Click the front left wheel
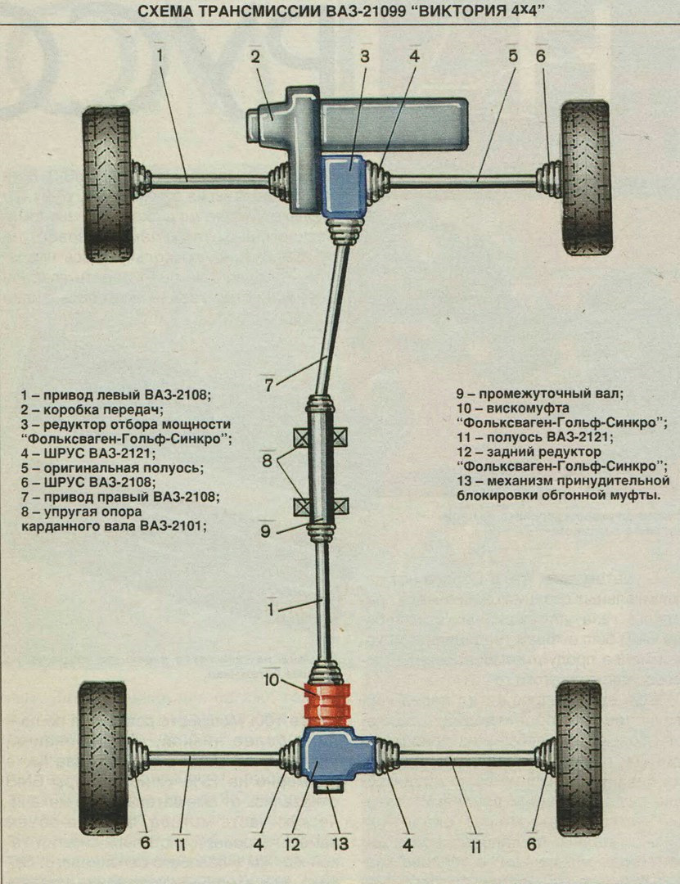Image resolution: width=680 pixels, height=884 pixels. coord(107,183)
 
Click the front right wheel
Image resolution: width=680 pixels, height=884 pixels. coord(586,177)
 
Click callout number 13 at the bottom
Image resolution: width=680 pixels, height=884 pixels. coord(340,842)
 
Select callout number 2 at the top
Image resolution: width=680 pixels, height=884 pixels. coord(255,56)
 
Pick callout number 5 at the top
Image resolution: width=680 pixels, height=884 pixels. coord(513,56)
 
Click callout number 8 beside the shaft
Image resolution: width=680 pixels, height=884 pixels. coord(267,460)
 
